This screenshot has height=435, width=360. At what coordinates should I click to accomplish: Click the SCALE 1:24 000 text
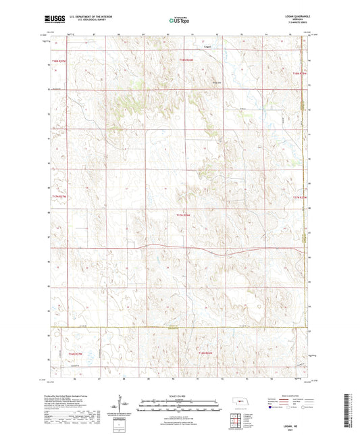coord(179,396)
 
